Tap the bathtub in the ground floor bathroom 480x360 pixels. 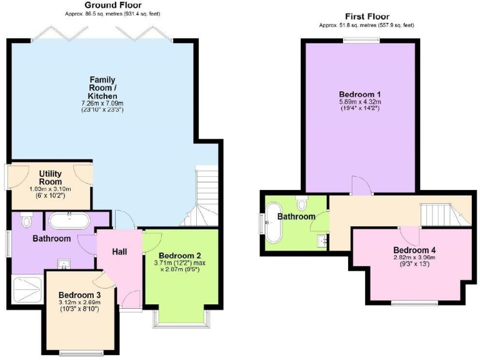tap(71, 220)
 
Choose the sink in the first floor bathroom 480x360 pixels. tap(322, 239)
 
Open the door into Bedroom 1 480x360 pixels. tap(361, 184)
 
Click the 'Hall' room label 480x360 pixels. tap(120, 251)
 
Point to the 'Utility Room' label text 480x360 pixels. tap(49, 177)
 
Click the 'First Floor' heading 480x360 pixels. tap(367, 17)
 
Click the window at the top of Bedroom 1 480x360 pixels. tap(361, 41)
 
